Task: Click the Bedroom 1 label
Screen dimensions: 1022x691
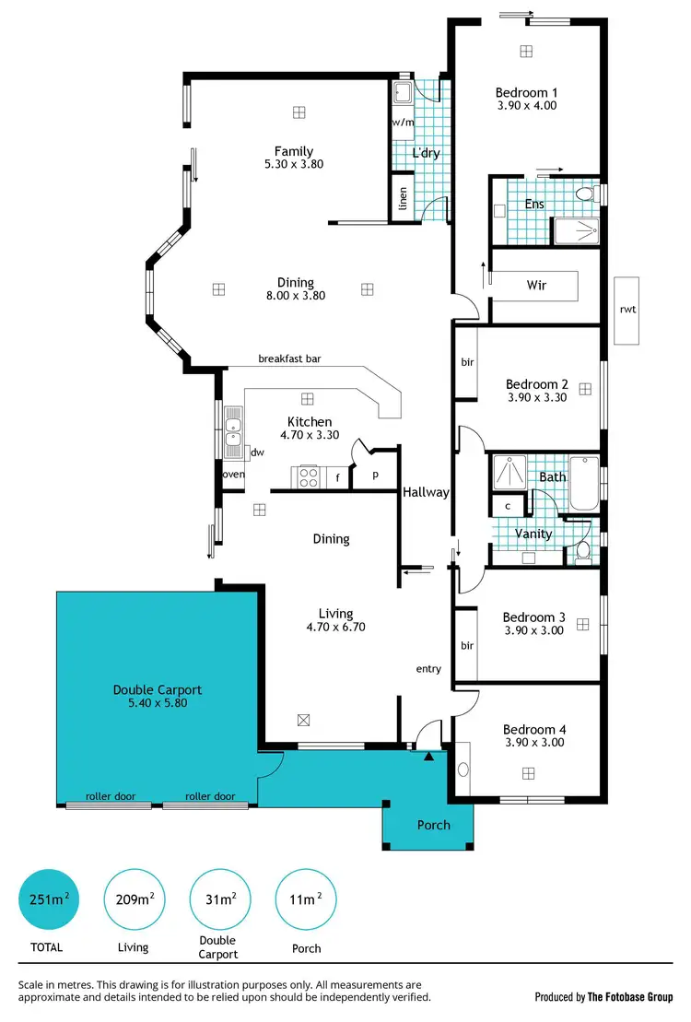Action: pyautogui.click(x=526, y=92)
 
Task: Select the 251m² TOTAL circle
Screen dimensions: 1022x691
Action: pyautogui.click(x=50, y=900)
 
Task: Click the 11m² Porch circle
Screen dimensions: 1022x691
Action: pyautogui.click(x=307, y=900)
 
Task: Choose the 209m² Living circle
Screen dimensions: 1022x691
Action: pyautogui.click(x=135, y=900)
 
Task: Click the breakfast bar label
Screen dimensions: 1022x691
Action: pyautogui.click(x=289, y=359)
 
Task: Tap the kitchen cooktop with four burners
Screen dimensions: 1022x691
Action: pyautogui.click(x=306, y=476)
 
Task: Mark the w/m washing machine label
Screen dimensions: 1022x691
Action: pyautogui.click(x=402, y=122)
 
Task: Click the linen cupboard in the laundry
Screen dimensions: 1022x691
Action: pyautogui.click(x=403, y=198)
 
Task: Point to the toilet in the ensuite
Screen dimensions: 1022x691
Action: pyautogui.click(x=584, y=193)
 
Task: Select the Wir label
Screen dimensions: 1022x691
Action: pyautogui.click(x=536, y=286)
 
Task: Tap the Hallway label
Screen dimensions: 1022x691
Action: pyautogui.click(x=425, y=492)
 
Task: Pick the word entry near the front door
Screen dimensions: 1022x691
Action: pyautogui.click(x=428, y=669)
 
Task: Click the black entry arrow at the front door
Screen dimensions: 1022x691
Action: pyautogui.click(x=428, y=757)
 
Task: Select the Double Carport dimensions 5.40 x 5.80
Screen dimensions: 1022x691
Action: pyautogui.click(x=157, y=702)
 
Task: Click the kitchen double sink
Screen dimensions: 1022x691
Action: pyautogui.click(x=233, y=432)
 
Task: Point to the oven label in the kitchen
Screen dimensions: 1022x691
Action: pyautogui.click(x=232, y=475)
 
